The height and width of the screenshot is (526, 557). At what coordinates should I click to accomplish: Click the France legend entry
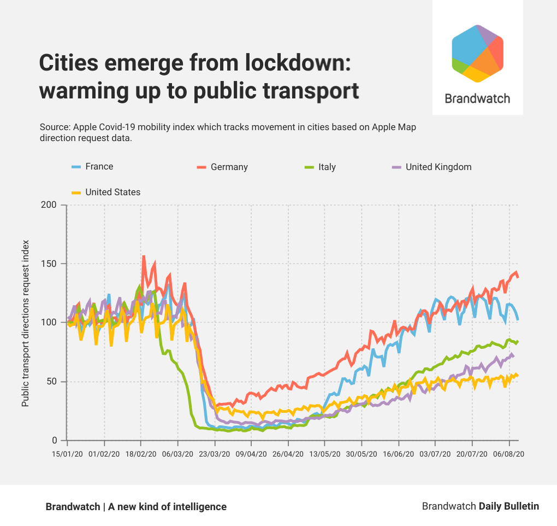[93, 167]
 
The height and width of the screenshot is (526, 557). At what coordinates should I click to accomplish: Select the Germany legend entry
[222, 167]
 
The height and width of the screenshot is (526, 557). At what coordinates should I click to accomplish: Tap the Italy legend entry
[320, 167]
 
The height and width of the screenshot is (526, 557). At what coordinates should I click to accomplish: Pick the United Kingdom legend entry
[431, 167]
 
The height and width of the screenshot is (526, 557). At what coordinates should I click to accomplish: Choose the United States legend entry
[106, 192]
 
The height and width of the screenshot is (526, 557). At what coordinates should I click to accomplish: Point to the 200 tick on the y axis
[50, 205]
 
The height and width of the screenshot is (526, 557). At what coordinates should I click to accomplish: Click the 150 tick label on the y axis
[50, 264]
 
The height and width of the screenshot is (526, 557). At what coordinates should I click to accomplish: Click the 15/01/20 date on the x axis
[67, 454]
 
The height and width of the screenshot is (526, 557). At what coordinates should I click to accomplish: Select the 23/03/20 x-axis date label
[214, 454]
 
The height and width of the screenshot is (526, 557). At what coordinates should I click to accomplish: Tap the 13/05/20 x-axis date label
[325, 454]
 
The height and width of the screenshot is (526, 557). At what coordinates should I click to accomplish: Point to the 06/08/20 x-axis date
[509, 454]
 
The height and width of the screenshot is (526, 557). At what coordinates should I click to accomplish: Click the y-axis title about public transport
[26, 323]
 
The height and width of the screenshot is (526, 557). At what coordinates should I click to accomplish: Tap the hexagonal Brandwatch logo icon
[477, 54]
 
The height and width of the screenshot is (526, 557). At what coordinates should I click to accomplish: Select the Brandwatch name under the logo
[477, 98]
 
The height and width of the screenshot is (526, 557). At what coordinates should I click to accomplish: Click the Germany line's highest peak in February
[144, 256]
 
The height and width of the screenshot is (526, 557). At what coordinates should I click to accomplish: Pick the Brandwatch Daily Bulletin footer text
[480, 506]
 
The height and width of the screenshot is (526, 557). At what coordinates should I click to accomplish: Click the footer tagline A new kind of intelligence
[167, 507]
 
